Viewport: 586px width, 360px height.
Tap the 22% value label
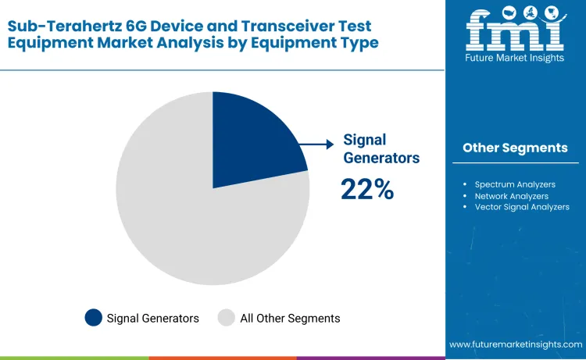[x=366, y=189]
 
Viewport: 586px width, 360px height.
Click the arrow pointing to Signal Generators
[x=318, y=144]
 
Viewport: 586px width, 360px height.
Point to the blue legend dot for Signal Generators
[x=94, y=318]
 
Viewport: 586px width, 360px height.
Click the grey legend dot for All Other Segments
[x=227, y=318]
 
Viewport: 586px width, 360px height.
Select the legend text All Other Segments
[x=290, y=319]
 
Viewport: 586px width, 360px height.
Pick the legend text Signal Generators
[x=153, y=319]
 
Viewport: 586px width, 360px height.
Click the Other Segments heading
[x=515, y=148]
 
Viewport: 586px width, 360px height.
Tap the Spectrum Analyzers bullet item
[x=515, y=184]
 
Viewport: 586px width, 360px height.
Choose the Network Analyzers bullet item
[x=511, y=196]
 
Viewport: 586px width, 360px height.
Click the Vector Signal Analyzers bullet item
[x=522, y=207]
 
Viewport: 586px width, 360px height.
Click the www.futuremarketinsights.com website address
[x=516, y=344]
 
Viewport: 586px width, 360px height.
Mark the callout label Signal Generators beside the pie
[x=381, y=149]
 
